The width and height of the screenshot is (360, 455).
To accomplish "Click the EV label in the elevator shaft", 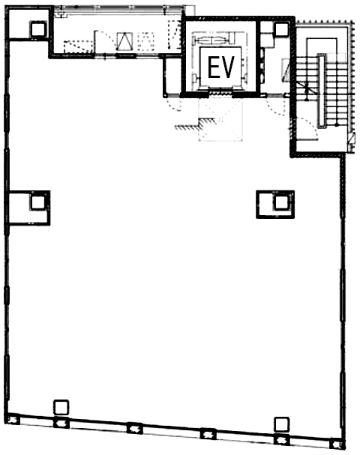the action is (x=221, y=67).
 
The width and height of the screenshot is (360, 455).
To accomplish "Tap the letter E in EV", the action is (x=214, y=67).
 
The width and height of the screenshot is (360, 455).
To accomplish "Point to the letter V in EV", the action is (x=228, y=67).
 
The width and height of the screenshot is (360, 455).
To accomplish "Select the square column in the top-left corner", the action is (x=38, y=28).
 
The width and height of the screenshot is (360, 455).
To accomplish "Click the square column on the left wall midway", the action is (x=38, y=202).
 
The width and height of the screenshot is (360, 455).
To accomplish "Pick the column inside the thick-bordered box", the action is (x=280, y=202).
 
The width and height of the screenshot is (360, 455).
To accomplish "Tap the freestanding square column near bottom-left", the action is (x=61, y=407).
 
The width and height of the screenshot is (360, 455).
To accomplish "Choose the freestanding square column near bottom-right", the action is (x=281, y=424).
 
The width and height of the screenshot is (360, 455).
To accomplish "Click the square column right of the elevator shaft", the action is (x=281, y=29).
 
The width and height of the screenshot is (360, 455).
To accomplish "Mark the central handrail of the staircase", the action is (x=322, y=91).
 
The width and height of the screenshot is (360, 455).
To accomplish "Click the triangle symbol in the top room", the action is (x=124, y=41).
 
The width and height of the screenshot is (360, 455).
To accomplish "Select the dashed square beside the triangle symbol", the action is (x=145, y=41).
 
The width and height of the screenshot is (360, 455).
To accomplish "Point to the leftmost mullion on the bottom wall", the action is (x=13, y=420).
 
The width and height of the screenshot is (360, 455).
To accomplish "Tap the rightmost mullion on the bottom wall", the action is (x=337, y=444).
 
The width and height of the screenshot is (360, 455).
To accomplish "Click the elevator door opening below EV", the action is (x=220, y=93).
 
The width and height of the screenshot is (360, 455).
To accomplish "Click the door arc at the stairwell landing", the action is (x=307, y=124).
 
